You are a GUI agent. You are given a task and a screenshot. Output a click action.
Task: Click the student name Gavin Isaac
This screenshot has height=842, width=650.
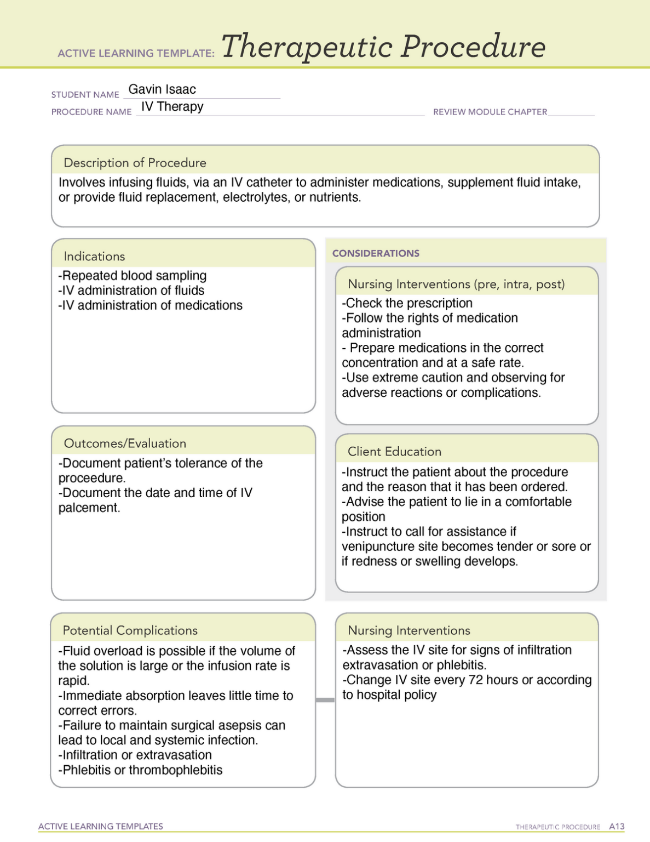pyautogui.click(x=162, y=89)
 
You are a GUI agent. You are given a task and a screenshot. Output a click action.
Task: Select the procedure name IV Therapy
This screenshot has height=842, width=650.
pyautogui.click(x=172, y=106)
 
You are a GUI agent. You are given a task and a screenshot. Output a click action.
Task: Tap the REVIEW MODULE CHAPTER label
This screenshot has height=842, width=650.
pyautogui.click(x=490, y=112)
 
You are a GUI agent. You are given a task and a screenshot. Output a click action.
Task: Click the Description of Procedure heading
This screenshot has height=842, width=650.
pyautogui.click(x=135, y=163)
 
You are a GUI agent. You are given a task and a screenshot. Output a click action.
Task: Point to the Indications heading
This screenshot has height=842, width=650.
pyautogui.click(x=94, y=257)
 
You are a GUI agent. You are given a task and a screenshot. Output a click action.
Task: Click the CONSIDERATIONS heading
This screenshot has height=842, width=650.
pyautogui.click(x=376, y=253)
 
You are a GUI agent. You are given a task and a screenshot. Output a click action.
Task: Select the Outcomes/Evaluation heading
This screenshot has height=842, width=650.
pyautogui.click(x=125, y=443)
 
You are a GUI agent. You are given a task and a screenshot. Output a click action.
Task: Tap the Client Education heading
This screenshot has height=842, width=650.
pyautogui.click(x=394, y=452)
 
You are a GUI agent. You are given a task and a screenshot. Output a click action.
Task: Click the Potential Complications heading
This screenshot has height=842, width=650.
pyautogui.click(x=130, y=630)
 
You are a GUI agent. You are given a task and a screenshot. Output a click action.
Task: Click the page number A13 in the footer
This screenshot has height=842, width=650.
pyautogui.click(x=617, y=827)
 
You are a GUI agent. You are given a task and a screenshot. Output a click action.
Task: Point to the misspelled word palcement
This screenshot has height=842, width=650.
pyautogui.click(x=88, y=508)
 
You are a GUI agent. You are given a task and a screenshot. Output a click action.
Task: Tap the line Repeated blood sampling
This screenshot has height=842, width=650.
pyautogui.click(x=133, y=276)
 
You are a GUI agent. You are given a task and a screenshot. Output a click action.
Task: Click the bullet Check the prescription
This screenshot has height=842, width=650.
pyautogui.click(x=407, y=303)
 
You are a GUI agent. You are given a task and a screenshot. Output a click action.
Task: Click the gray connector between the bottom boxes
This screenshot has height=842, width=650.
pyautogui.click(x=325, y=700)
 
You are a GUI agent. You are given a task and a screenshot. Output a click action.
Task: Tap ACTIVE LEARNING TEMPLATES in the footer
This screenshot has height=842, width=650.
pyautogui.click(x=101, y=827)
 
